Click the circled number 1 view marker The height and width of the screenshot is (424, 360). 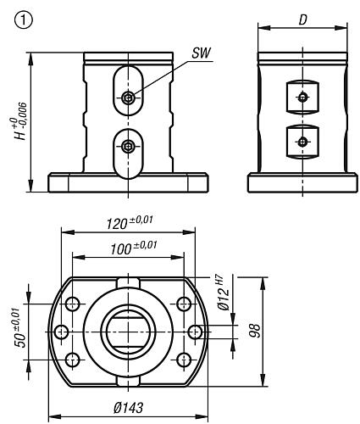click(23, 20)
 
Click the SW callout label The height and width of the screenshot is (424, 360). click(202, 53)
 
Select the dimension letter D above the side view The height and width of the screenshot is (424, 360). click(302, 20)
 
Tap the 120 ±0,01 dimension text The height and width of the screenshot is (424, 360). click(130, 222)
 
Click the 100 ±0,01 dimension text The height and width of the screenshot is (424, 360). click(133, 248)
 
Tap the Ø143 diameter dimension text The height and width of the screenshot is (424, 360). click(129, 408)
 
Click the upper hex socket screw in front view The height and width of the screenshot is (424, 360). click(128, 98)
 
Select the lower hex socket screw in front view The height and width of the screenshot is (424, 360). click(128, 146)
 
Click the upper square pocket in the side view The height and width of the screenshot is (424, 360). click(302, 98)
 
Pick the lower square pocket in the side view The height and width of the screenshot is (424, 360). click(302, 142)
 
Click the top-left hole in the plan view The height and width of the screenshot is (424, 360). click(73, 304)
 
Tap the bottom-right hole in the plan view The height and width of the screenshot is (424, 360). click(184, 360)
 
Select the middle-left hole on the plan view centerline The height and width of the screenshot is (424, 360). click(61, 332)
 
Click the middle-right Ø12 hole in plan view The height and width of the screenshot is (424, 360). click(195, 332)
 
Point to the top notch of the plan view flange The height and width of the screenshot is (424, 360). click(128, 282)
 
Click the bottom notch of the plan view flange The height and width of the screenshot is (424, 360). click(128, 381)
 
